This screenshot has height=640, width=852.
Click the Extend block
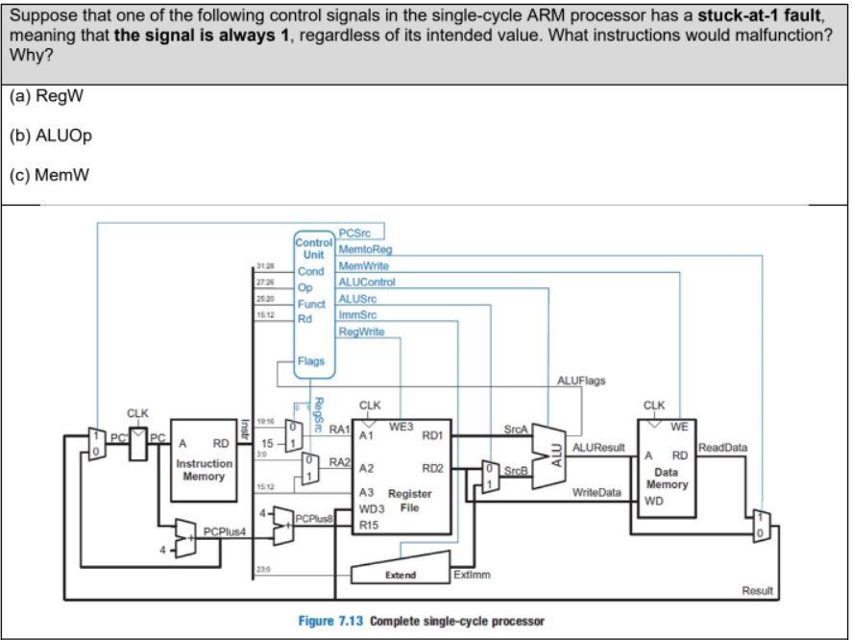pyautogui.click(x=400, y=575)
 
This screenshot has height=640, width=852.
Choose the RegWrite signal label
pyautogui.click(x=361, y=332)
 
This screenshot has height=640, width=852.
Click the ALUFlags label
pyautogui.click(x=581, y=382)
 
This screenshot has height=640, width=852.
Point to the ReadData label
pyautogui.click(x=721, y=447)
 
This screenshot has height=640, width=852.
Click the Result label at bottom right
pyautogui.click(x=758, y=590)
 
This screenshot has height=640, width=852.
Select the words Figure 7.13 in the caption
pyautogui.click(x=327, y=620)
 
